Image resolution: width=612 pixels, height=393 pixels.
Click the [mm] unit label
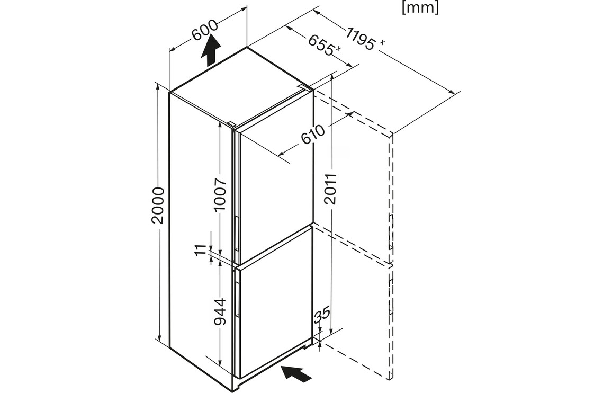420,7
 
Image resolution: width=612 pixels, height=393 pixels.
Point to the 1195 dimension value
362,38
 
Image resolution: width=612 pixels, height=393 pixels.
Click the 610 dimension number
313,136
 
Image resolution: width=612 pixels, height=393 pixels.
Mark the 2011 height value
330,189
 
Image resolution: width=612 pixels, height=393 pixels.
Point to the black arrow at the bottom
296,374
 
